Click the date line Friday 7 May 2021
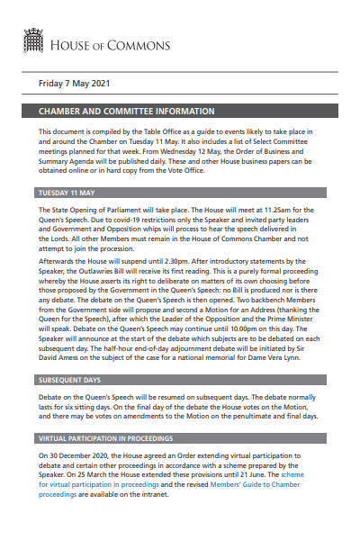(x=74, y=84)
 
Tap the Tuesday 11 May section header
(x=68, y=193)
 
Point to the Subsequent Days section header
(x=74, y=380)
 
